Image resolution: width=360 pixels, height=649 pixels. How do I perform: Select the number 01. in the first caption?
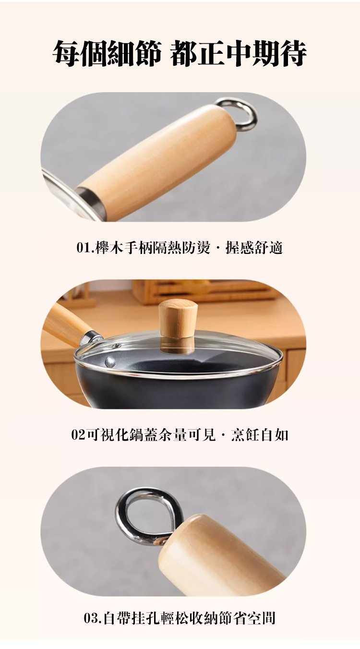(85, 248)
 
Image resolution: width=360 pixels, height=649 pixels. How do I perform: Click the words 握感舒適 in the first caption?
(254, 248)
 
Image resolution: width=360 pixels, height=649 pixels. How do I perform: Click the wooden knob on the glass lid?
(177, 319)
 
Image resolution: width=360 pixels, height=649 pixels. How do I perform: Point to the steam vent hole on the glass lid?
(117, 345)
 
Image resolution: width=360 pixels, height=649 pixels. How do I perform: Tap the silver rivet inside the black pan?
(110, 361)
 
